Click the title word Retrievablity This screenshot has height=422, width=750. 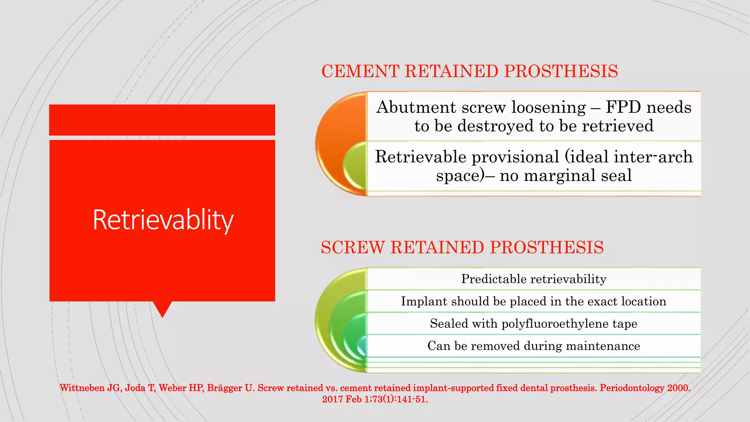163,220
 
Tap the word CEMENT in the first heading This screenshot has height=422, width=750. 360,71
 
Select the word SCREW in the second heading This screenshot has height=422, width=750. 353,247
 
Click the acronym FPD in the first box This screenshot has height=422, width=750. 623,107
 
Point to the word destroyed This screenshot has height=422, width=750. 496,126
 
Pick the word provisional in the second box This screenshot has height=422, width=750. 515,157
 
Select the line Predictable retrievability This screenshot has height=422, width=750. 534,279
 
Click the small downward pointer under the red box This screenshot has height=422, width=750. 162,308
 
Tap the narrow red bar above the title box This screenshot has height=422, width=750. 162,120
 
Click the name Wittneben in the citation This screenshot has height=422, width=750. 82,388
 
